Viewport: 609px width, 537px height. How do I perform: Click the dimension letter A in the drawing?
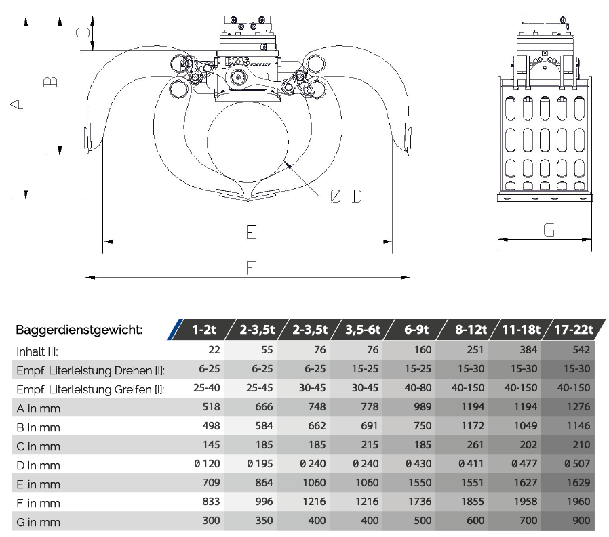pos(17,104)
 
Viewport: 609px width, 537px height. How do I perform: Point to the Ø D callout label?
pos(346,196)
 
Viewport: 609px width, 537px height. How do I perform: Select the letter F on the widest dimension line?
pos(252,267)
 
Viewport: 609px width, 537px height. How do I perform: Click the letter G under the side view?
pos(549,230)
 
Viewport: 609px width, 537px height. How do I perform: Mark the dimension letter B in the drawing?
pos(50,81)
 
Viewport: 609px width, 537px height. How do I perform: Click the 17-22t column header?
pos(574,330)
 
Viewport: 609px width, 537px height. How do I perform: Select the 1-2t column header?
pos(204,330)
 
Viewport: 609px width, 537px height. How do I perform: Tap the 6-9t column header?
pos(416,330)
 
